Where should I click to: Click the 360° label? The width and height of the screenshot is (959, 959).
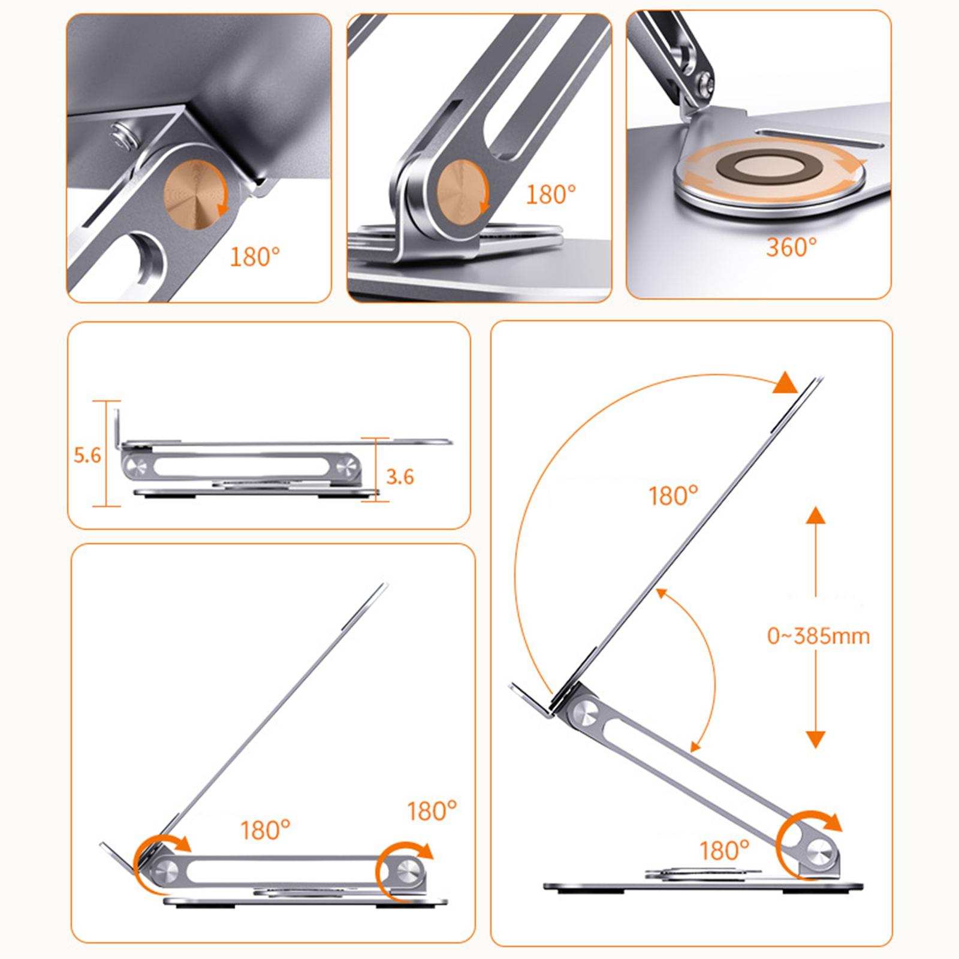[791, 246]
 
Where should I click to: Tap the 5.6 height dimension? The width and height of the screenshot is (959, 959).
[88, 456]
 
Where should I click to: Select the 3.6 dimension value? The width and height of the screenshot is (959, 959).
[400, 477]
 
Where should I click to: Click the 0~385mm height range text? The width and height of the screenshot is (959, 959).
[818, 635]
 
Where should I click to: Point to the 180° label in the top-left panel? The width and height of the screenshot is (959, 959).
[255, 257]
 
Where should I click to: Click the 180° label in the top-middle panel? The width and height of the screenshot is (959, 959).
[551, 194]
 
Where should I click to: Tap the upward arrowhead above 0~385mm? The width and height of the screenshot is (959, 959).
[815, 515]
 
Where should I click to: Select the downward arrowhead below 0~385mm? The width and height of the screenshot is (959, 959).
[815, 740]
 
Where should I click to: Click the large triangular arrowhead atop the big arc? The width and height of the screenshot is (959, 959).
[785, 382]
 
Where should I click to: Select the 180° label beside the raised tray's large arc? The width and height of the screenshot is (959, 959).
[674, 496]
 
